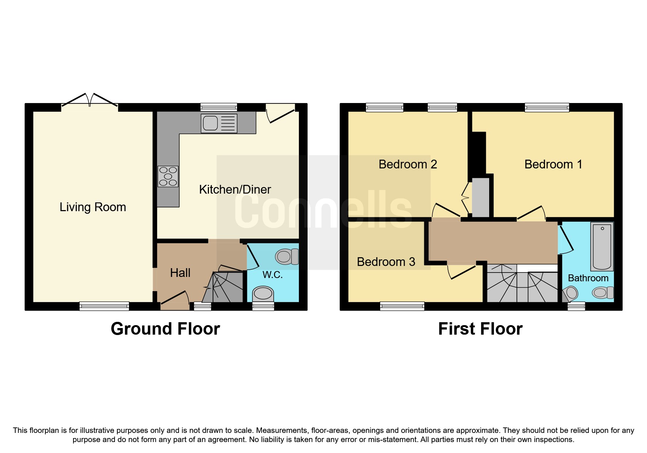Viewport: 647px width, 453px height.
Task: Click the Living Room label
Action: pos(93,207)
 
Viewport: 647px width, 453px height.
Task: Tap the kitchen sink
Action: pos(218,123)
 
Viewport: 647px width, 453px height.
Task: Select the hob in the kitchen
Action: pos(168,176)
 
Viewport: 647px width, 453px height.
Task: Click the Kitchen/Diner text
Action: pos(235,190)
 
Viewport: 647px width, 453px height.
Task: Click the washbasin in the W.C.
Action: pos(263,293)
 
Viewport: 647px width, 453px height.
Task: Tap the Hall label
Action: pos(180,273)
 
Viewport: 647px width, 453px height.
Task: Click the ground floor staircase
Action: pos(223,287)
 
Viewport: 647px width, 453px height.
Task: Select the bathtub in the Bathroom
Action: pos(602,246)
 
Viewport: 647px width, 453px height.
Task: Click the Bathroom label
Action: pos(588,278)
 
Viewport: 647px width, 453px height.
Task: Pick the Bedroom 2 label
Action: pos(408,164)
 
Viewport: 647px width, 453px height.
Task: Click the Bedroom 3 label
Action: pos(386,262)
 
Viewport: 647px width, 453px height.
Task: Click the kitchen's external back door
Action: pos(281,113)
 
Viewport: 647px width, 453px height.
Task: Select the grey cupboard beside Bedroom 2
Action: pos(480,197)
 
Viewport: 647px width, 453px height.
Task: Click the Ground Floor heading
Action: pos(165,329)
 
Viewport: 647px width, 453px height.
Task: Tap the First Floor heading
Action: pos(480,329)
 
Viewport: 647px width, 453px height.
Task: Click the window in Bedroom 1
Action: pos(547,107)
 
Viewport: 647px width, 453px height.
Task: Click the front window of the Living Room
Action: pos(104,306)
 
